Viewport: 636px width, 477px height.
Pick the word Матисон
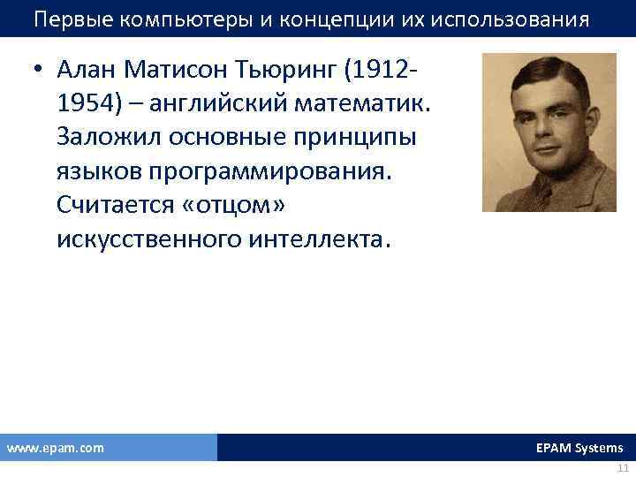pos(201,71)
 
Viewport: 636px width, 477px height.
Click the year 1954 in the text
pos(84,104)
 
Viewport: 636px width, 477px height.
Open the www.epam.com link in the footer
pos(56,448)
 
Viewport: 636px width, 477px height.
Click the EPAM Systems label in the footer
pos(579,448)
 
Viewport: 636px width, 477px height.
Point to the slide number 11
pos(623,468)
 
